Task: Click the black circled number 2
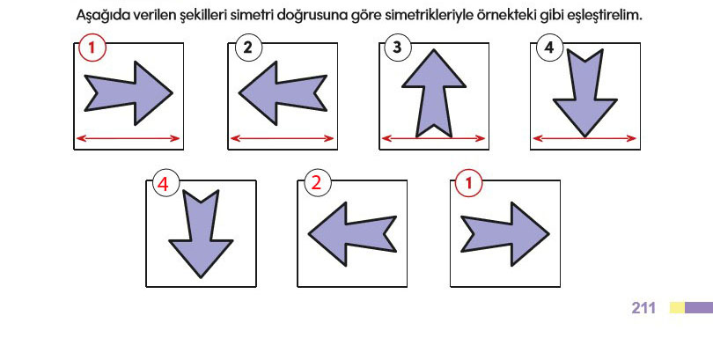pyautogui.click(x=249, y=48)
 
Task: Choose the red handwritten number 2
pyautogui.click(x=317, y=184)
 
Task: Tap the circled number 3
pyautogui.click(x=397, y=48)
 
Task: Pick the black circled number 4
pyautogui.click(x=550, y=48)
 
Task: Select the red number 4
pyautogui.click(x=163, y=185)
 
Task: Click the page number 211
pyautogui.click(x=643, y=308)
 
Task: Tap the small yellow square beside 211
pyautogui.click(x=677, y=308)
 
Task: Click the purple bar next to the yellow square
pyautogui.click(x=699, y=308)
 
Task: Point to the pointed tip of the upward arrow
pyautogui.click(x=434, y=49)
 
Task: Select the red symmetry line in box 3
pyautogui.click(x=434, y=138)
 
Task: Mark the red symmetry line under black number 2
pyautogui.click(x=283, y=139)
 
